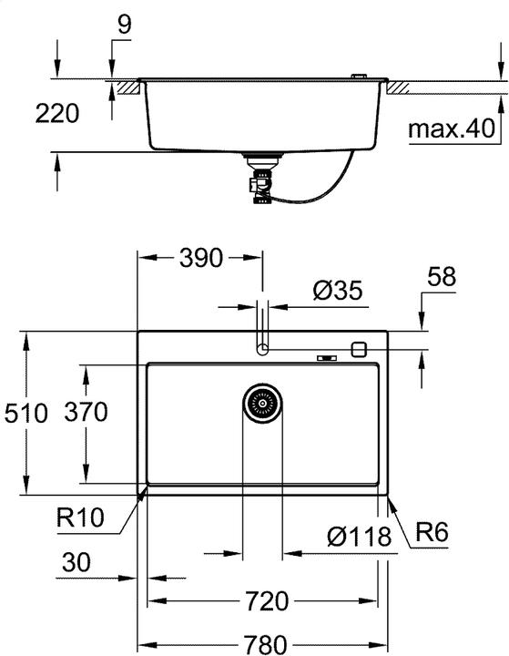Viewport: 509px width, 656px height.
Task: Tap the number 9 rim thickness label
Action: [123, 24]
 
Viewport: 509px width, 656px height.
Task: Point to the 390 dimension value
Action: [200, 258]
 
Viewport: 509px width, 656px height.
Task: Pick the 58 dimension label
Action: [442, 278]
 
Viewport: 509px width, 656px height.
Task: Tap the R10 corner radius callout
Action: [80, 519]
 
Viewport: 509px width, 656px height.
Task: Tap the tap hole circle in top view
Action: [262, 348]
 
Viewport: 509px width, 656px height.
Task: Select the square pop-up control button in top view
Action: [360, 348]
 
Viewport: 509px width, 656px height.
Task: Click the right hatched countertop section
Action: [401, 87]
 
